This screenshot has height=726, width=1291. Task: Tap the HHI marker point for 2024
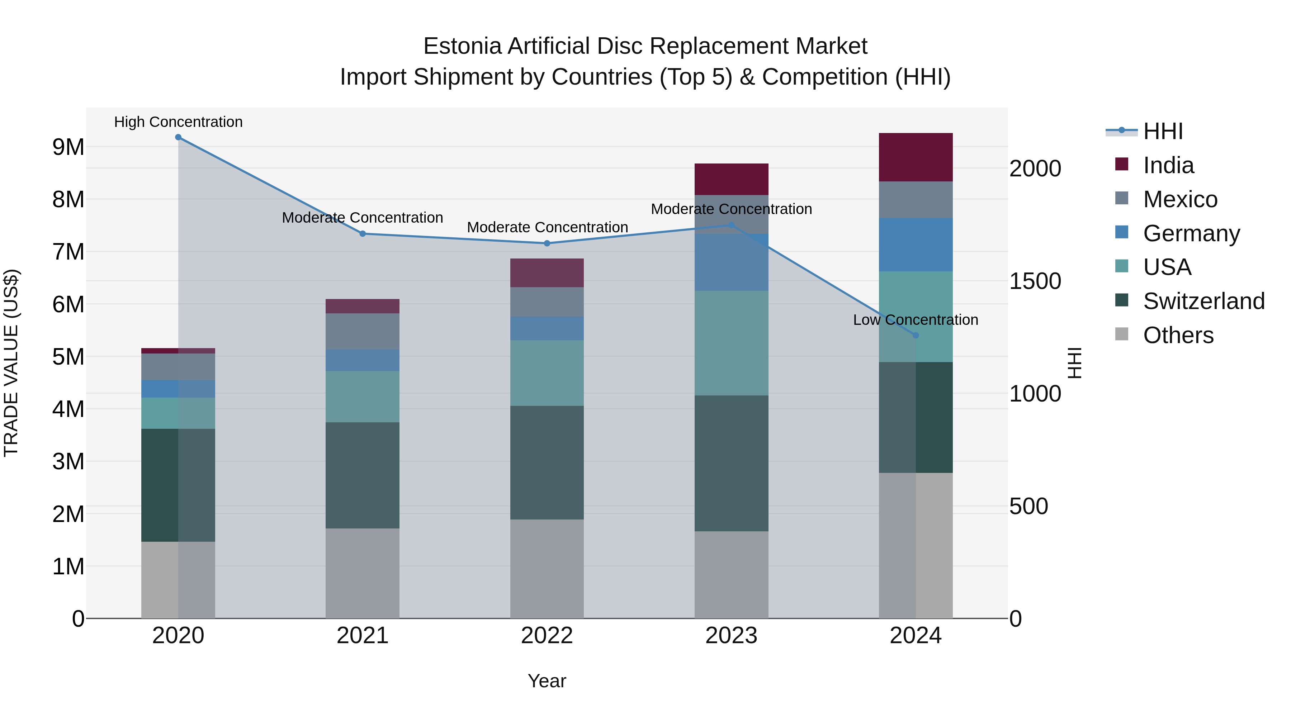[x=916, y=335]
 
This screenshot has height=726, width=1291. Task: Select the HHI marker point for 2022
[x=547, y=243]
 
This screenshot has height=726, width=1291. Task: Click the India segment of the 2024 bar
[x=916, y=157]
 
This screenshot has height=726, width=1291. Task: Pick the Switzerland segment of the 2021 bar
[x=362, y=475]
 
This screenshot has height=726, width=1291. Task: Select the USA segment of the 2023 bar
[x=731, y=343]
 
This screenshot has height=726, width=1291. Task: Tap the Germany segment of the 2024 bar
[x=916, y=245]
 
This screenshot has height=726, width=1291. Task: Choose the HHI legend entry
[x=1162, y=131]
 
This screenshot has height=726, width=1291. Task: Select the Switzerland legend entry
[x=1203, y=301]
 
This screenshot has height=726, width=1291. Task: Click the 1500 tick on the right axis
[x=1035, y=281]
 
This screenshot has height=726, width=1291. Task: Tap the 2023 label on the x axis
[x=731, y=636]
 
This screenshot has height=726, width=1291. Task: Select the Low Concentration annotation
[x=916, y=320]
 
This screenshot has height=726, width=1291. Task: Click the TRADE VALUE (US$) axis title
[x=11, y=363]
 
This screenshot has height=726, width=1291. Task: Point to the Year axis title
[x=547, y=681]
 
